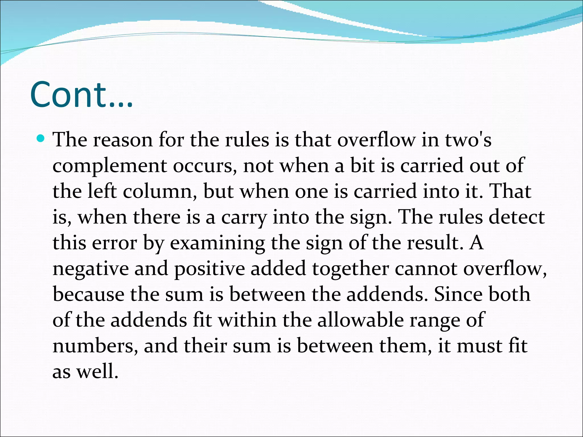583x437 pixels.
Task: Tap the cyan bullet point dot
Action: pyautogui.click(x=41, y=139)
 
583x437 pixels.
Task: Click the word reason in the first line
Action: pyautogui.click(x=123, y=140)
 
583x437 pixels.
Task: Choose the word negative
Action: pyautogui.click(x=91, y=269)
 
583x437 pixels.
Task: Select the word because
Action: pyautogui.click(x=89, y=294)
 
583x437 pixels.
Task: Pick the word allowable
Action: pyautogui.click(x=360, y=320)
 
